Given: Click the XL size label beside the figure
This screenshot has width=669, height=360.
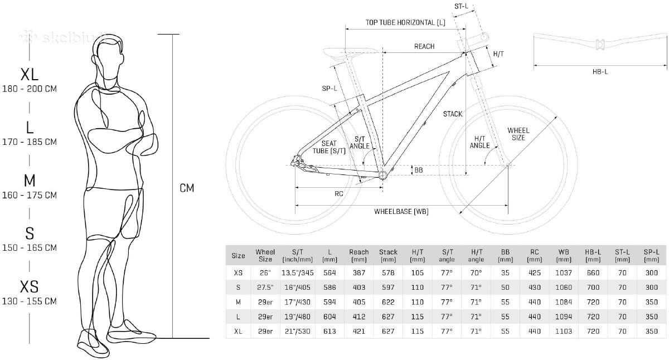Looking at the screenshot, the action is click(29, 75).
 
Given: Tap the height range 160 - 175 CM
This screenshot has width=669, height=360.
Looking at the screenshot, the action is click(29, 195).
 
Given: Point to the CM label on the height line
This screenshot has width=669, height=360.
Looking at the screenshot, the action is click(187, 188).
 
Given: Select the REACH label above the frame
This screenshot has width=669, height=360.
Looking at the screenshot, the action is click(424, 47).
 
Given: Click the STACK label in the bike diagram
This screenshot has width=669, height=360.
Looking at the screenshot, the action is click(453, 114).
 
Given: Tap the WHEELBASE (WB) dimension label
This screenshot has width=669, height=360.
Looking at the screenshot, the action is click(401, 212).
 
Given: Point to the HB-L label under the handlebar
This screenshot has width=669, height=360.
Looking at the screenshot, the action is click(600, 72).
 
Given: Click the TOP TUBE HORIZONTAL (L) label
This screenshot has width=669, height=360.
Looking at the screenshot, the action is click(405, 23).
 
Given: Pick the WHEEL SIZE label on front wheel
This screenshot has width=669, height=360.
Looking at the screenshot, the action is click(518, 134).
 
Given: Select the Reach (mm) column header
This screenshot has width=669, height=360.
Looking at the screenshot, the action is click(358, 256).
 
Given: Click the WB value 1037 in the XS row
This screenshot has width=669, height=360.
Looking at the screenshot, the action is click(564, 273).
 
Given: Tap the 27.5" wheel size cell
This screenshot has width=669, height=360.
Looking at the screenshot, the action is click(265, 288).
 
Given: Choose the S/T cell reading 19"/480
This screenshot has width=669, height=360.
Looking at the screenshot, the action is click(298, 317).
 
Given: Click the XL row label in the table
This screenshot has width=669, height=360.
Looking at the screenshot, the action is click(238, 332).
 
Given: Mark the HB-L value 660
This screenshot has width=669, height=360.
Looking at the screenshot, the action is click(593, 273).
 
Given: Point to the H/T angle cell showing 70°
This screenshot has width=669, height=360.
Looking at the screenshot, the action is click(476, 273).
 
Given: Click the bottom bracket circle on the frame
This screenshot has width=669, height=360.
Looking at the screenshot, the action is click(382, 175).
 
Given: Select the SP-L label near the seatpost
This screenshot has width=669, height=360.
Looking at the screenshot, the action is click(329, 89).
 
